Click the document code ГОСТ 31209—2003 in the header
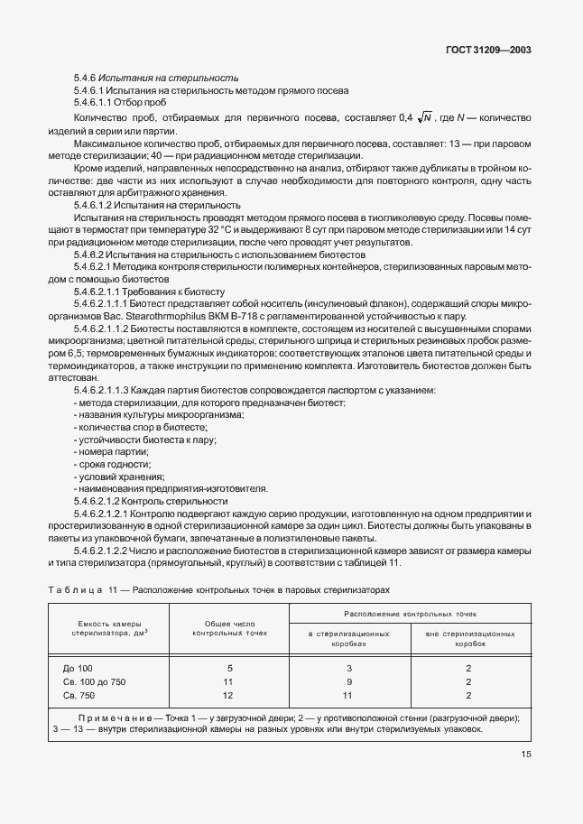click(487, 51)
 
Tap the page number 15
click(525, 756)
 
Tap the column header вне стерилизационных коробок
click(469, 640)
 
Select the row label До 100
click(78, 668)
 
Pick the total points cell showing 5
click(230, 668)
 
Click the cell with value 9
click(348, 681)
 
